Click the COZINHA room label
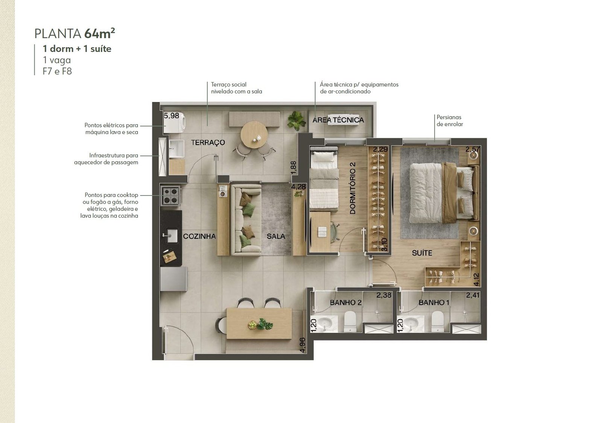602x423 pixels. [199, 236]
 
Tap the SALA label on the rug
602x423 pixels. [276, 236]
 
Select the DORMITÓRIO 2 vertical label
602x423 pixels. [353, 188]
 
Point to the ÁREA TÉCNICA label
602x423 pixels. [338, 120]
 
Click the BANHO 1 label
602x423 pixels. [434, 302]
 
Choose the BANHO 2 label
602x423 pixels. [346, 302]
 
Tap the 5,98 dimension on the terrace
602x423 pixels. [172, 116]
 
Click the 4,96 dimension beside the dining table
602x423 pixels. [303, 345]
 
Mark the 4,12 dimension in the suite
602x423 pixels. [476, 279]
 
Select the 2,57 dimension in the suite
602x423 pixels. [473, 149]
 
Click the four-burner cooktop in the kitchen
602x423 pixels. [171, 195]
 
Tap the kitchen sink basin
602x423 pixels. [172, 236]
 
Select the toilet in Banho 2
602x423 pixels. [350, 321]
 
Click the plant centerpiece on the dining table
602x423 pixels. [260, 324]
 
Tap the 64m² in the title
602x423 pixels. [99, 34]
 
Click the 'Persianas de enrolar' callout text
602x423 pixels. [450, 121]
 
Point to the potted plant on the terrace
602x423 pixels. [296, 121]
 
